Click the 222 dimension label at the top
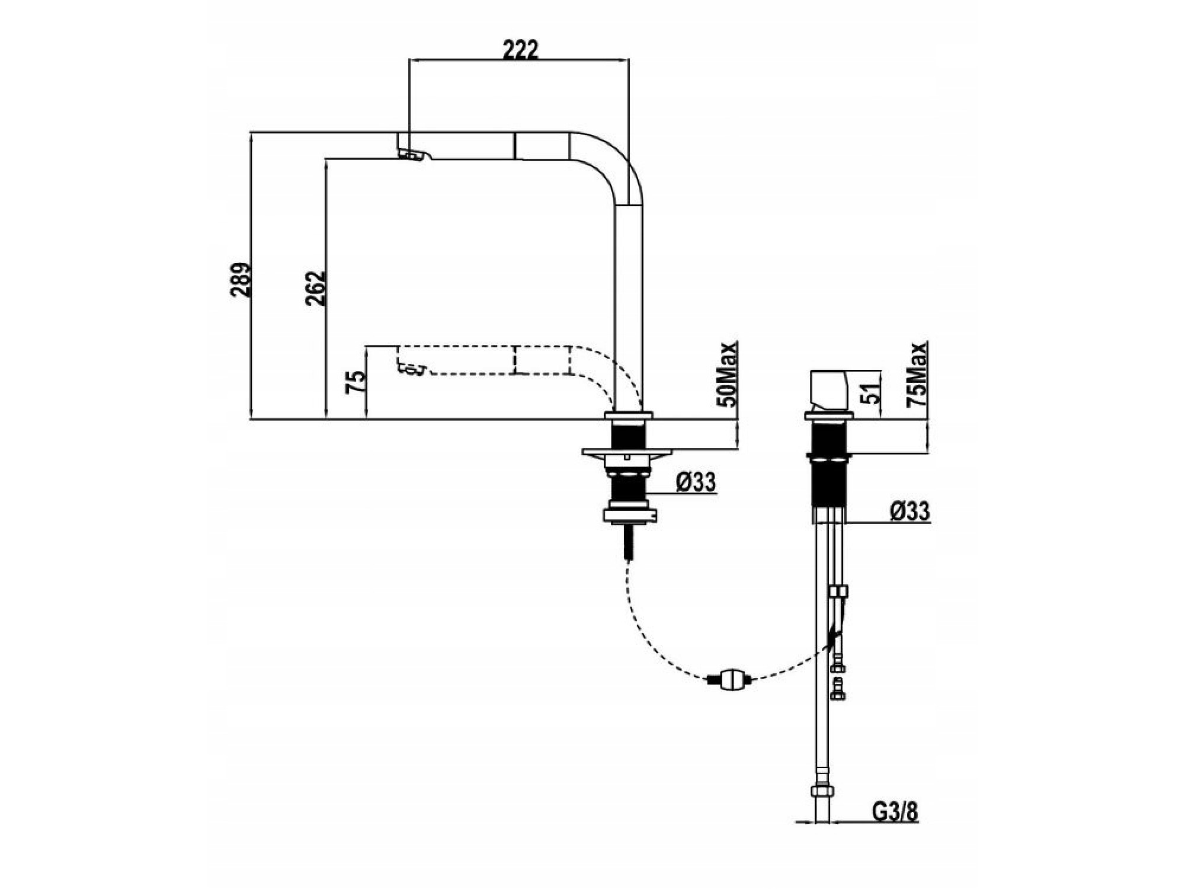(520, 50)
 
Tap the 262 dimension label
(316, 288)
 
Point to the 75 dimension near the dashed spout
(357, 382)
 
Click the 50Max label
(728, 374)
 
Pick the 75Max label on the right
(918, 374)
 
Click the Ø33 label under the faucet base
(696, 482)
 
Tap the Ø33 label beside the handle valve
(909, 511)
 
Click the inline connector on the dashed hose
(730, 679)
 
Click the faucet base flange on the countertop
(628, 415)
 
